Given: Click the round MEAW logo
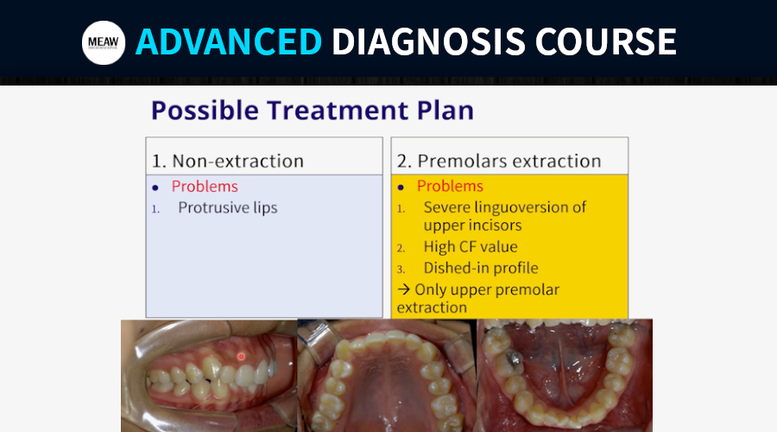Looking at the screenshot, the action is tap(104, 42).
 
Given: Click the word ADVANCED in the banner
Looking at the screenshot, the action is tap(229, 41).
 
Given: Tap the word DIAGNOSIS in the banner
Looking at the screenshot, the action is tap(428, 41).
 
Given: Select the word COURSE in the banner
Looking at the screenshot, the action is tap(605, 41).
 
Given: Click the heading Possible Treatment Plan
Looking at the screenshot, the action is tap(313, 110).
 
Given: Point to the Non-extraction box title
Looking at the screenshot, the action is tap(228, 162).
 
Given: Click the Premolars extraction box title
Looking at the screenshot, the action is tap(499, 162).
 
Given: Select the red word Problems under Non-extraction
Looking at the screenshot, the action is tap(205, 187).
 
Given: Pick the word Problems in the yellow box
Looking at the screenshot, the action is tap(450, 186).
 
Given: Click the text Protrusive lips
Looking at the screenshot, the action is tap(227, 208).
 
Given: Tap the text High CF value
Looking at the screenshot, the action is tap(471, 246).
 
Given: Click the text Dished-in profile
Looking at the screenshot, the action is tap(481, 268).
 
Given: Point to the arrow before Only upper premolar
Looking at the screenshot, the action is tap(404, 289).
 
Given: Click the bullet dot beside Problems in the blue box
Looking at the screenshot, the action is tap(155, 187).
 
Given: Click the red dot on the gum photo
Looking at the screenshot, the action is tap(242, 356).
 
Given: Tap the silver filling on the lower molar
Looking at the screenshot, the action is tap(511, 358).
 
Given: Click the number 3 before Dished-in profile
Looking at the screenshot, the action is tap(401, 270).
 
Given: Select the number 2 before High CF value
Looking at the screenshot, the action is tap(401, 248).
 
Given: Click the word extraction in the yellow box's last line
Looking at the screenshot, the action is tap(432, 308).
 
